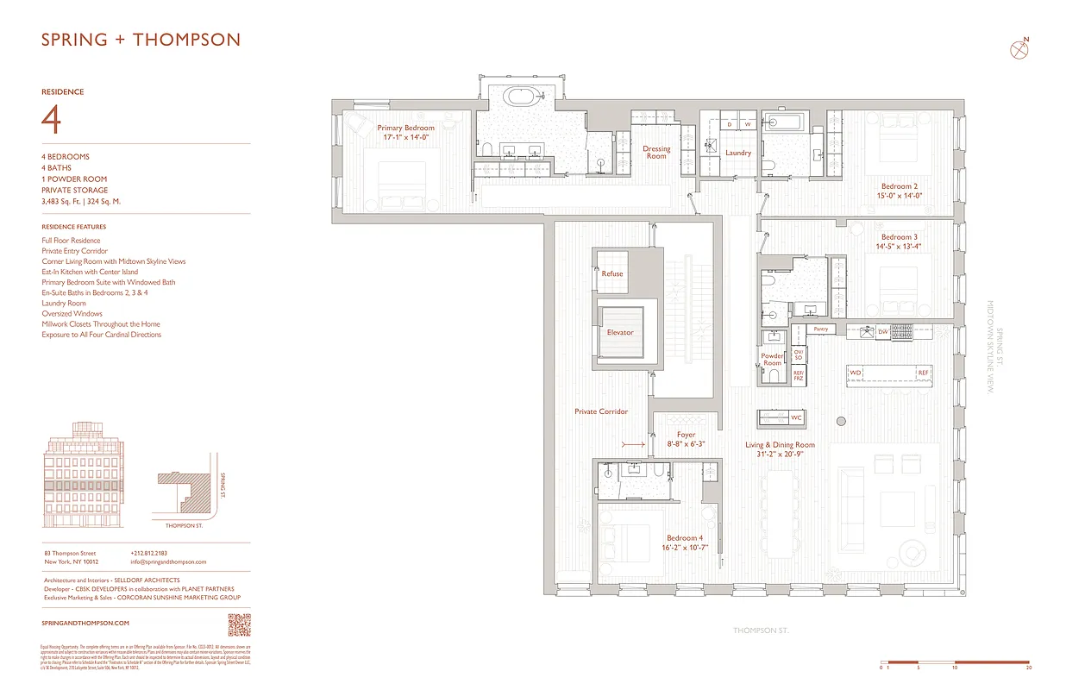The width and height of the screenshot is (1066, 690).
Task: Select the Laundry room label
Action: pos(737,153)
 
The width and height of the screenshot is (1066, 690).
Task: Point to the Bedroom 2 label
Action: pos(899,186)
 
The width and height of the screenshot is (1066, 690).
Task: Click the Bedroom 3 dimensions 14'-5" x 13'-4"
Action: pos(899,246)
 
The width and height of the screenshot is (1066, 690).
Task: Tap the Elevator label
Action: pos(619,332)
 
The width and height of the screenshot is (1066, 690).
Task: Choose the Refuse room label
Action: pos(611,273)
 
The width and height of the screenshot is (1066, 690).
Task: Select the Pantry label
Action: pos(820,329)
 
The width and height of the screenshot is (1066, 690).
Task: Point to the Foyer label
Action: pos(686,435)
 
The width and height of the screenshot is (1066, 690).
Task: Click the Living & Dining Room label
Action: pos(780,445)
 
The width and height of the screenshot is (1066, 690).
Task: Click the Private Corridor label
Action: pos(601,411)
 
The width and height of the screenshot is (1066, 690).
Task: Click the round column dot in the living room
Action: pos(840,421)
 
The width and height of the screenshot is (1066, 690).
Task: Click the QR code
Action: pos(239,624)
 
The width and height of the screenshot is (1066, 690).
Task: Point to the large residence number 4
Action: pos(51,120)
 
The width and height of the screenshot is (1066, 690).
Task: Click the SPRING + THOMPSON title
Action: pos(141,40)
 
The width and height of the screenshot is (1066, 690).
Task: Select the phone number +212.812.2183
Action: pos(149,553)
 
